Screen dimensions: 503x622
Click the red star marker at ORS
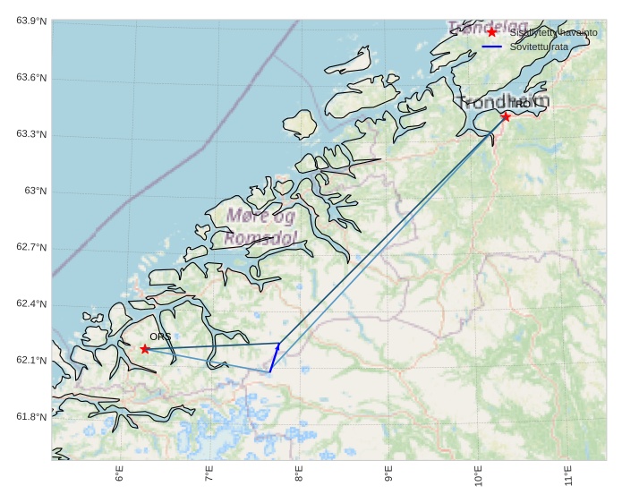coord(145,348)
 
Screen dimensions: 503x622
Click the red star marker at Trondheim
coord(506,116)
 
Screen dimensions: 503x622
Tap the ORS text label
coord(160,337)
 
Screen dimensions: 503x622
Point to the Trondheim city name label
coord(501,102)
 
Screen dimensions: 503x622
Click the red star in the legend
coord(491,32)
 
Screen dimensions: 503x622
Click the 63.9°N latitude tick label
coord(31,21)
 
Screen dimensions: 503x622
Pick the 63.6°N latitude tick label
coord(31,78)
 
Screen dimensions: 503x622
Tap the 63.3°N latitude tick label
coord(31,134)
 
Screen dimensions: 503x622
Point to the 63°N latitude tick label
coord(35,191)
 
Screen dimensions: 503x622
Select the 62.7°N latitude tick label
coord(31,247)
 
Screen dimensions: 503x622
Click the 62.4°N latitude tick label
coord(31,304)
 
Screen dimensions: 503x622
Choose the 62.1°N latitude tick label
coord(31,361)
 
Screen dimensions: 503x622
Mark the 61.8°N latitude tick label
coord(31,417)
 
